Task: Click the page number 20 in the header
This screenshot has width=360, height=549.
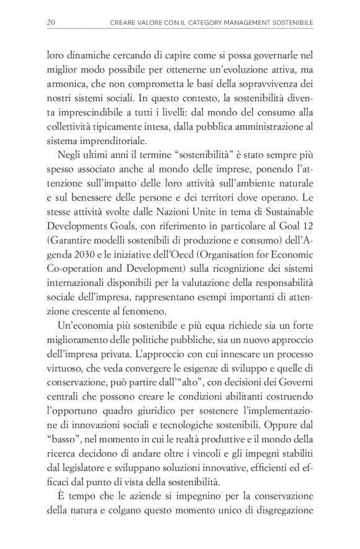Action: coord(51,23)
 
